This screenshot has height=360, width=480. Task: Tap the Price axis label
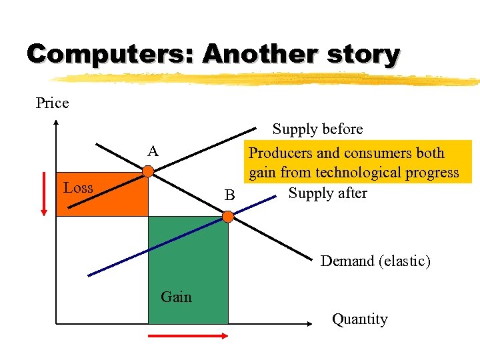(x=52, y=103)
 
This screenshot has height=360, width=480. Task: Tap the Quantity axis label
(x=359, y=319)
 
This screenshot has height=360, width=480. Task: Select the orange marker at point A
(x=148, y=172)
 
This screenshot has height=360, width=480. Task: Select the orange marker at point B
(x=228, y=217)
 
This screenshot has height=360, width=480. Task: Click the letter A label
(x=153, y=152)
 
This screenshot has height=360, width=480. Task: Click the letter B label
(x=230, y=196)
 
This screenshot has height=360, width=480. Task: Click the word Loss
(x=78, y=188)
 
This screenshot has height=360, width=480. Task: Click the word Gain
(x=176, y=297)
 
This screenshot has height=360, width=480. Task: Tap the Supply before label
(x=317, y=129)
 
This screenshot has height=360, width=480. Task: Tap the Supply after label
(x=327, y=193)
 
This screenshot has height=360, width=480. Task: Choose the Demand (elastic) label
(x=375, y=261)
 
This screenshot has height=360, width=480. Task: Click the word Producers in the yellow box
(x=281, y=153)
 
